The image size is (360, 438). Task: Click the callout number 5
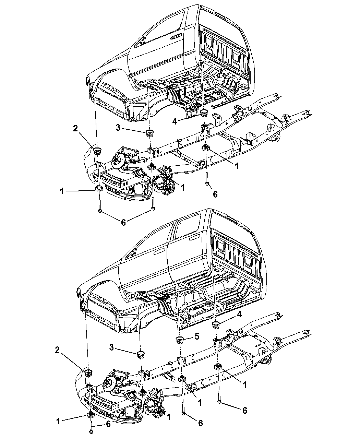(197, 337)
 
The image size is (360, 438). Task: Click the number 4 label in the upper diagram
(175, 121)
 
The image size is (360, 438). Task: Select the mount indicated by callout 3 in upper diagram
(149, 133)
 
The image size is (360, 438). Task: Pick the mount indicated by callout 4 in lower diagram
(216, 324)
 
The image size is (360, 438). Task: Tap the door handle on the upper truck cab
(177, 36)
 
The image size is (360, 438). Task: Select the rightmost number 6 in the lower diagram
(244, 410)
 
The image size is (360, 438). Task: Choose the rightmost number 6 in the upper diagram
(215, 194)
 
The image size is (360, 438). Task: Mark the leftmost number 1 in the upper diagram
(62, 191)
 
